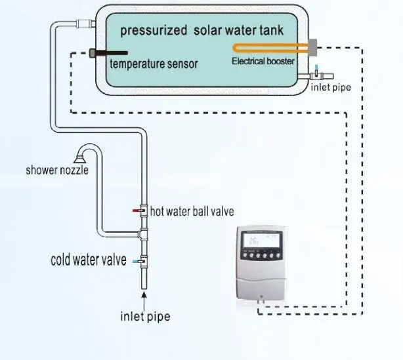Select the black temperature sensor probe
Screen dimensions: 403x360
(108, 53)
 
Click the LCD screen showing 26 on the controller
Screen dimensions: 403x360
(262, 241)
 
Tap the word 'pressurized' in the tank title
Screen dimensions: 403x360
(154, 31)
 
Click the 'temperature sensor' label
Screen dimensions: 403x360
(154, 64)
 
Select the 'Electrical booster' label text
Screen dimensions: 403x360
(263, 61)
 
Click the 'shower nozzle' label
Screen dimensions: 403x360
(57, 170)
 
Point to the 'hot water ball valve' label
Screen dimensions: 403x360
(192, 212)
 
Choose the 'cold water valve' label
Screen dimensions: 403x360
(89, 260)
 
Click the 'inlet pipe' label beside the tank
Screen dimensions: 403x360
(331, 87)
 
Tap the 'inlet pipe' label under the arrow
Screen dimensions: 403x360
(145, 316)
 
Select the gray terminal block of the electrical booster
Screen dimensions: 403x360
(312, 47)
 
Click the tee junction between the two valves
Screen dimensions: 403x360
(143, 234)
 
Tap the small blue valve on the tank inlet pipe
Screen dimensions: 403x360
(316, 71)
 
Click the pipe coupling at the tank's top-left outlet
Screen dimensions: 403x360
(84, 24)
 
